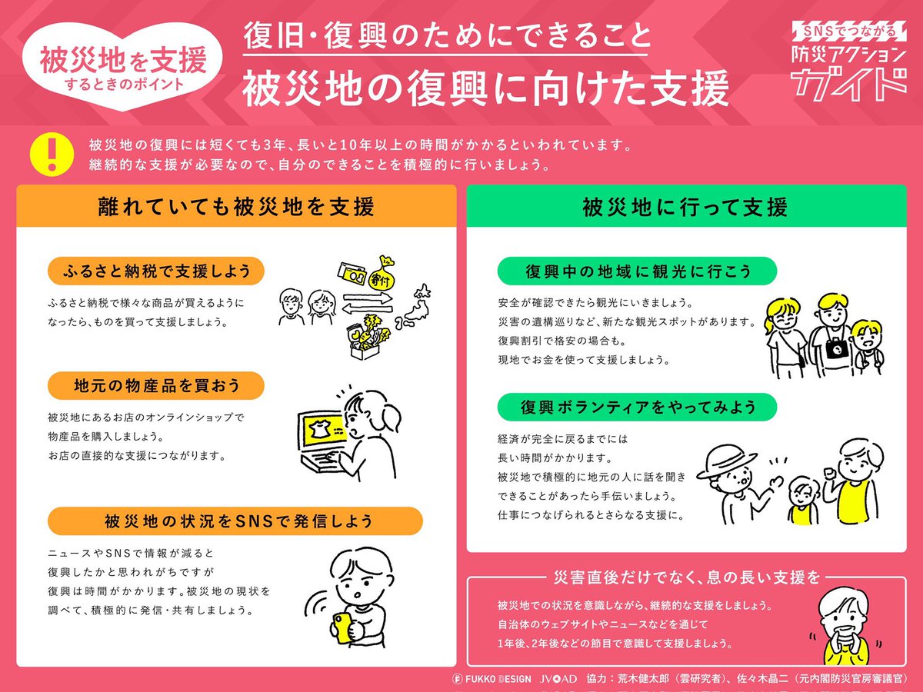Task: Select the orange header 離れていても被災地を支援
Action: (x=236, y=206)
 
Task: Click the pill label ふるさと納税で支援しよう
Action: (x=156, y=271)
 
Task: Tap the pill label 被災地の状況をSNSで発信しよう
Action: (x=235, y=521)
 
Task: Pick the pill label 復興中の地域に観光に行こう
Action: (x=637, y=271)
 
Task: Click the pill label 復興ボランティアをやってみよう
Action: (x=637, y=406)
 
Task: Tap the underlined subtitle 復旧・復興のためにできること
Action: (x=447, y=36)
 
